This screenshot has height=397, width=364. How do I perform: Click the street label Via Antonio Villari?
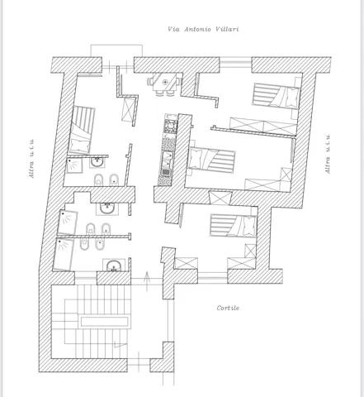tap(203, 29)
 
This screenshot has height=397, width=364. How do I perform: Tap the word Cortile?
tap(228, 308)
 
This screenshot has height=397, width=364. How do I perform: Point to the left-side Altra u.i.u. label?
tap(32, 158)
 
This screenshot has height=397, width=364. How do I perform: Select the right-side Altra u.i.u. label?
tap(328, 154)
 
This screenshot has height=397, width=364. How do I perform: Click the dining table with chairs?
tap(165, 84)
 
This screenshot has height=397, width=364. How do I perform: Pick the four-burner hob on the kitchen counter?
tap(171, 125)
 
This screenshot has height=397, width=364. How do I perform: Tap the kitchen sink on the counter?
tap(166, 164)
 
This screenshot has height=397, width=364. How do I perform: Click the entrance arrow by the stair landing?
tap(147, 281)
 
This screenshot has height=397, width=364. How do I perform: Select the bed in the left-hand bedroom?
tap(82, 131)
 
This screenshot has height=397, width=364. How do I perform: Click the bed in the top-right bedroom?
tap(276, 96)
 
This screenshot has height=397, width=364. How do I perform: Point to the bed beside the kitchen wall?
tap(211, 160)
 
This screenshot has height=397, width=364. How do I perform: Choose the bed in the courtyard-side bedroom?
tap(234, 225)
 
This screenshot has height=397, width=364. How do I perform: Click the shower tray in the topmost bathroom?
tap(74, 165)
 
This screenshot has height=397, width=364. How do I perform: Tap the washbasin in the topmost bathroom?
tap(97, 162)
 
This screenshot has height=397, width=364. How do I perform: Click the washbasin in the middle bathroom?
tap(106, 208)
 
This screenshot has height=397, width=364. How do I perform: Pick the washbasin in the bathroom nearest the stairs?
tap(114, 265)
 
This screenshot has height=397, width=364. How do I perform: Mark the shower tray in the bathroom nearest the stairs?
tap(64, 254)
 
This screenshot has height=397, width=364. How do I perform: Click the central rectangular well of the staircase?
tap(104, 322)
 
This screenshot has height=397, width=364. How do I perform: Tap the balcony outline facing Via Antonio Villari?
tap(116, 50)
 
